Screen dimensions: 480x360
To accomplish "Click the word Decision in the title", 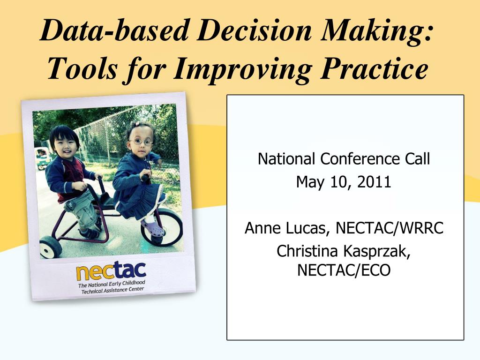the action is (x=254, y=30).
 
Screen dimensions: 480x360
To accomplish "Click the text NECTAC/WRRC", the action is (x=390, y=228).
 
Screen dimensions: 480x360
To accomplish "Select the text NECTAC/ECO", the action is (x=344, y=270).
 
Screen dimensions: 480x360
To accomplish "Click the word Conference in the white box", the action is (x=360, y=159).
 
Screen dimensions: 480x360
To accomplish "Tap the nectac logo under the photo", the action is (x=111, y=271).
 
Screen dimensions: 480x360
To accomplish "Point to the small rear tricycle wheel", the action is (x=50, y=247).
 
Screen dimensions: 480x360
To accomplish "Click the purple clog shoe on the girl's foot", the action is (x=153, y=228).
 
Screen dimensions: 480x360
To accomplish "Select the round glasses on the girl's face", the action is (x=141, y=142).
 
